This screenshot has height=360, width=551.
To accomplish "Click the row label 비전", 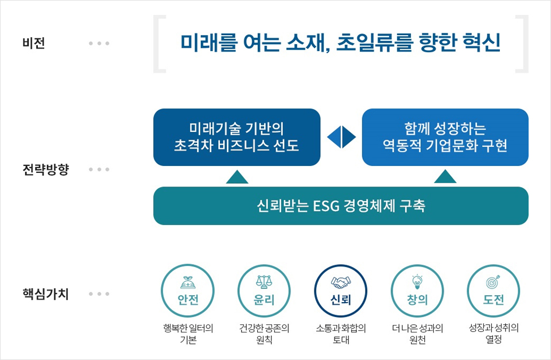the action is click(x=34, y=43).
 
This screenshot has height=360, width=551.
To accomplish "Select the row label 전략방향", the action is click(x=46, y=169).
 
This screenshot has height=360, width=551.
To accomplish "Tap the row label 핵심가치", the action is click(x=46, y=294).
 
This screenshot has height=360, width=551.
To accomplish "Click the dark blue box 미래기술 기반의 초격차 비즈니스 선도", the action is click(x=237, y=137).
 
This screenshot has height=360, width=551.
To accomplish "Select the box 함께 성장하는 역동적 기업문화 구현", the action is click(x=445, y=137).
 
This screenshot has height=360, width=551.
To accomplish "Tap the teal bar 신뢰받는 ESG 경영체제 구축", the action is click(x=341, y=206).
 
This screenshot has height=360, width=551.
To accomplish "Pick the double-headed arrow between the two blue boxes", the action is click(x=341, y=137).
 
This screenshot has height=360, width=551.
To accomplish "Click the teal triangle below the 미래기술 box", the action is click(x=237, y=177).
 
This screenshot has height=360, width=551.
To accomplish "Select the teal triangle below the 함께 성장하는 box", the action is click(x=445, y=176).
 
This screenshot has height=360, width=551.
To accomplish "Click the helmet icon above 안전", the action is click(x=188, y=282).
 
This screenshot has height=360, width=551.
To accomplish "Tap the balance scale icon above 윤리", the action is click(x=264, y=281).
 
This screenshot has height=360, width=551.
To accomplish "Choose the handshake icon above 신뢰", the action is click(x=341, y=282).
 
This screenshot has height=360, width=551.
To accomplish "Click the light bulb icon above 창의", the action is click(x=417, y=281).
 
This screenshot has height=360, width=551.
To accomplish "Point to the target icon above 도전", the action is click(x=493, y=281).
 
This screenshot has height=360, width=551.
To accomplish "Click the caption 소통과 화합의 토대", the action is click(x=341, y=334).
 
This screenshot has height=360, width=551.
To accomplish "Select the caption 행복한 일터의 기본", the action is click(x=188, y=334).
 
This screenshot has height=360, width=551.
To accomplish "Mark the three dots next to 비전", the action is click(x=99, y=43).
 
